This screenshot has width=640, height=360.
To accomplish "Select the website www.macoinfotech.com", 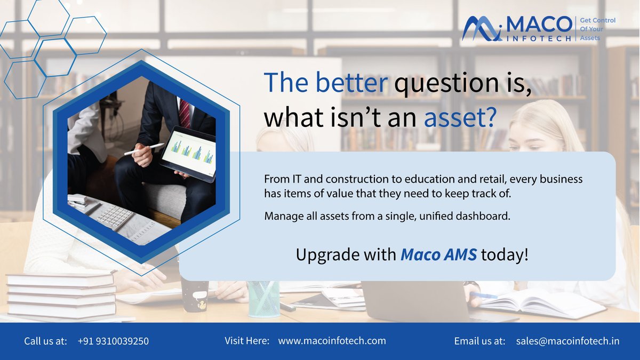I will click(x=332, y=341).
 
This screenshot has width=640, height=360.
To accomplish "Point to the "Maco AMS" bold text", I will click(x=439, y=254).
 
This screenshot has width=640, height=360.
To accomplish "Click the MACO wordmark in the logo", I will click(x=538, y=25).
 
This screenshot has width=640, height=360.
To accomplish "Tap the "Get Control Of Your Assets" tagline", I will click(x=597, y=29).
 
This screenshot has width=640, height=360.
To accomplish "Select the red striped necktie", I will click(x=185, y=114).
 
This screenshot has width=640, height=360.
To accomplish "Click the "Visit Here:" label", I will click(x=247, y=341).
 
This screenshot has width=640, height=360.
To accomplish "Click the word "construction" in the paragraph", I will click(x=338, y=178).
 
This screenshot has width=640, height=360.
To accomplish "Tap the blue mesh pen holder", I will click(x=263, y=299).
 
